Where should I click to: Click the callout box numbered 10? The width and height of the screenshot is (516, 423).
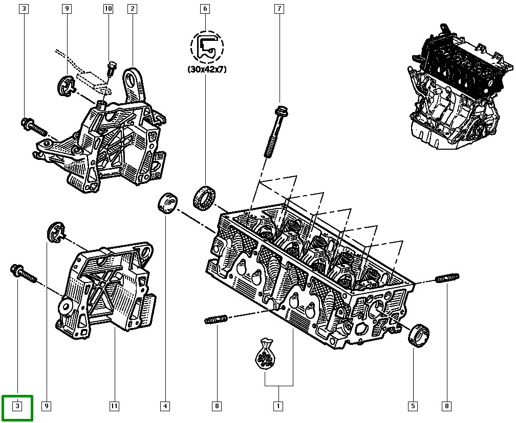tap(107, 9)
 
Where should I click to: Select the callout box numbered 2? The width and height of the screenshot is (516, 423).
tap(132, 9)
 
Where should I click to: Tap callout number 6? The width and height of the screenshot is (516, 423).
tap(205, 9)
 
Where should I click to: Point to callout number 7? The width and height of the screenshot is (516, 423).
tap(278, 9)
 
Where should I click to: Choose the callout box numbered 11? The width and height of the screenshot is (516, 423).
tap(114, 406)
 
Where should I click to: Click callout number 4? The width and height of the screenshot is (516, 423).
tap(165, 406)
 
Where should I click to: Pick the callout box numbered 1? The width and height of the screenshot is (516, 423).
tap(278, 406)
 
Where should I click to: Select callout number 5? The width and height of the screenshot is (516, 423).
tap(412, 406)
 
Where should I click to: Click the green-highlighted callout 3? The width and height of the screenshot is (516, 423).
tap(17, 406)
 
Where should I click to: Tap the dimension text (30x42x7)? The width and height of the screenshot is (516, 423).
tap(207, 69)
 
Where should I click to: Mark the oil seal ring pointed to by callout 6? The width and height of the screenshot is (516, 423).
tap(205, 197)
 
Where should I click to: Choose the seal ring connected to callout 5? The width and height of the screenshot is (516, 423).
tap(420, 335)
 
